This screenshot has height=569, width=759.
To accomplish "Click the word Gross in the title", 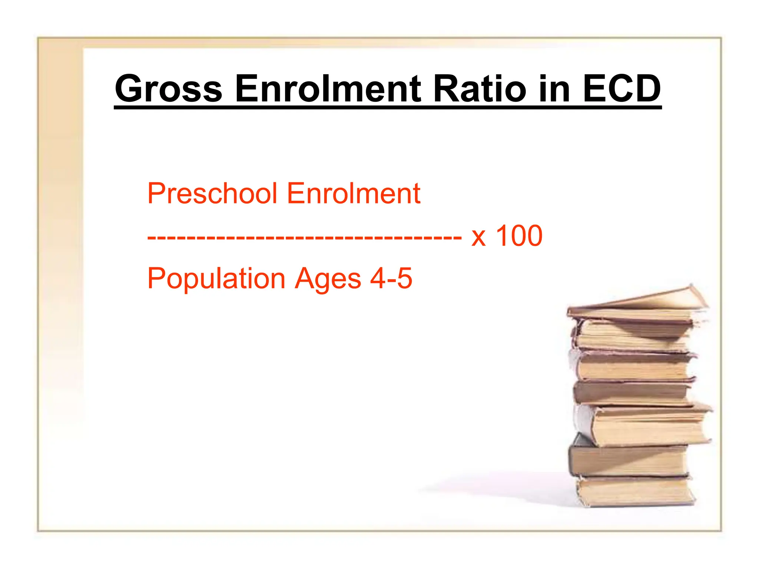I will pos(169,89).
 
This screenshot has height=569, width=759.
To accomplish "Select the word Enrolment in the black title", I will pos(328,89).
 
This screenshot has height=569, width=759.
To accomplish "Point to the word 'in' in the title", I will pos(554,89).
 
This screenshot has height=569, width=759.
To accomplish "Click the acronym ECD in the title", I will pos(622,89).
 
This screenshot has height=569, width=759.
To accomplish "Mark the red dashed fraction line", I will pos(304,237).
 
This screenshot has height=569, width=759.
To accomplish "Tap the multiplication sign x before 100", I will pos(478,237).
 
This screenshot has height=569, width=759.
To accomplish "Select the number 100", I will pos(519,236).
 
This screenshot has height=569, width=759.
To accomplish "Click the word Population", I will pos(216,279).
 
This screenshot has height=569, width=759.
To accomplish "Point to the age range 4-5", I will pos(391,278).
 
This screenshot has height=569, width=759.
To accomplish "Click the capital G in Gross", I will pos(129,89).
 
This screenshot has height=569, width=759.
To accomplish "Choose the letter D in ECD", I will pos(645,89).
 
